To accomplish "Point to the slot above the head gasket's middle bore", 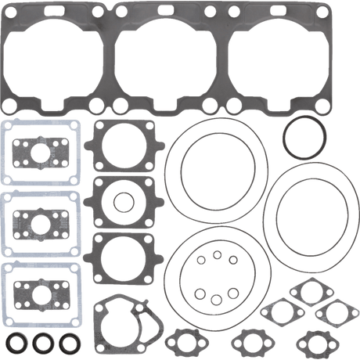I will point(165,12).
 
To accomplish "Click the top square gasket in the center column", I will point(122,145).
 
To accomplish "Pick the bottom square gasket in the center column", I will point(122,258).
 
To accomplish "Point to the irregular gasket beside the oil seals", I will point(126,322).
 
